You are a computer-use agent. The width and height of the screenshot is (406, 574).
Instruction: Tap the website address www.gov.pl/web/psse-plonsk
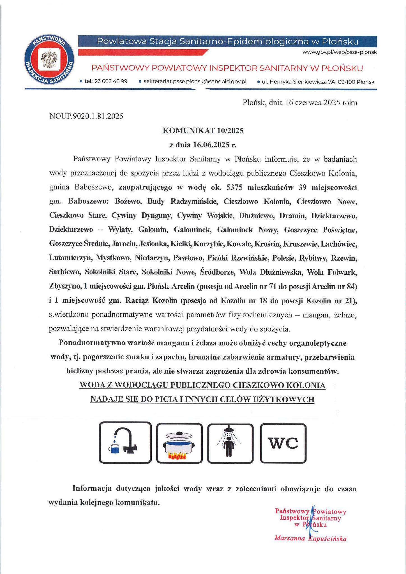[339, 52]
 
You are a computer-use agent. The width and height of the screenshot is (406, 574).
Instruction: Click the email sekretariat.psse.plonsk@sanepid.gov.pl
[195, 82]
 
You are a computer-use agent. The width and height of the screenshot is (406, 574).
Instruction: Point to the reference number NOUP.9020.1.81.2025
[86, 116]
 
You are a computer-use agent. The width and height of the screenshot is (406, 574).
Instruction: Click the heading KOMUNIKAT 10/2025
[203, 131]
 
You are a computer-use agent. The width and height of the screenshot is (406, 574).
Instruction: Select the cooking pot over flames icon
[179, 443]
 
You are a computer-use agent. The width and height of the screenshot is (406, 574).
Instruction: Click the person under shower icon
[230, 443]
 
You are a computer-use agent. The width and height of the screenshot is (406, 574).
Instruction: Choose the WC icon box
[283, 443]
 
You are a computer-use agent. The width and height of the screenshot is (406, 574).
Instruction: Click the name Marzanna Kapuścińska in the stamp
[310, 538]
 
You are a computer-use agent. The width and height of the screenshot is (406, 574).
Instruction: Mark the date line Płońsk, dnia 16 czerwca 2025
[300, 103]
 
